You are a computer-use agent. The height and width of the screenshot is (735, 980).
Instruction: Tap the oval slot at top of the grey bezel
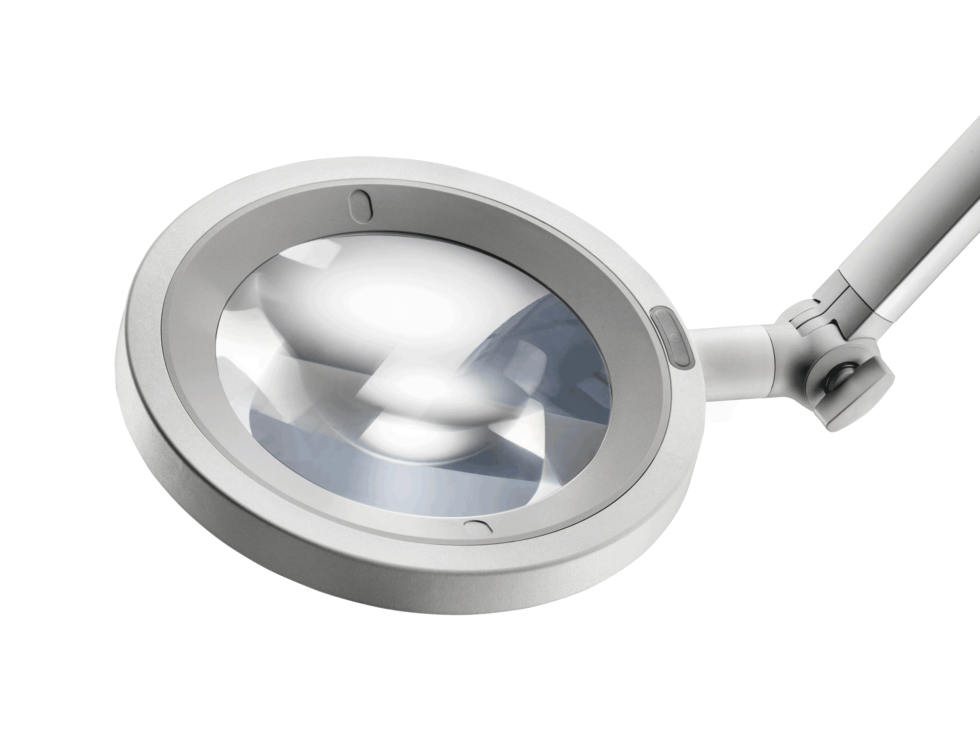click(360, 203)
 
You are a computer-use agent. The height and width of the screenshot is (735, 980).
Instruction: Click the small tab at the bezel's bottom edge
click(477, 527)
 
